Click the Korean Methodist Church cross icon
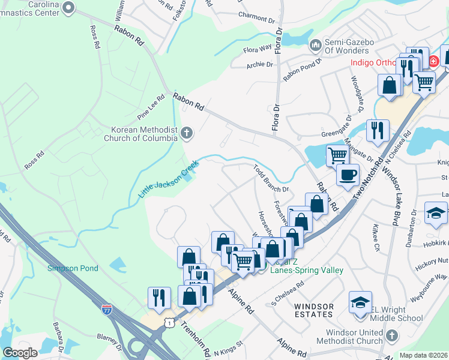coord(187,133)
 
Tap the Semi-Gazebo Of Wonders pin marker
coord(315,45)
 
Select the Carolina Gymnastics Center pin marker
coord(68,8)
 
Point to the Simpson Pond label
coord(72,268)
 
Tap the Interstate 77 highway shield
coord(106,310)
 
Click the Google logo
coord(20,353)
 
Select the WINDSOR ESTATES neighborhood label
coord(313,310)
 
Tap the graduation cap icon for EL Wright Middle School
coord(360,301)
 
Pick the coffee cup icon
coord(347,175)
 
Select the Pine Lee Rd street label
coord(151,106)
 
